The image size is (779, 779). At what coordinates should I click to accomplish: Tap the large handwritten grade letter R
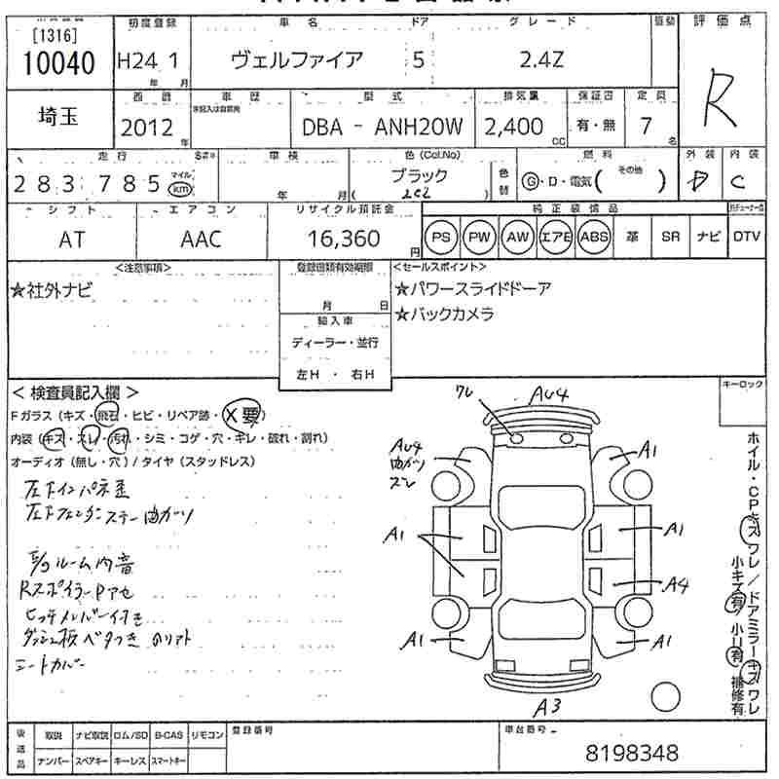pyautogui.click(x=720, y=93)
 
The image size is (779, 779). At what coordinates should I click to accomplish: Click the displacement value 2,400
pyautogui.click(x=514, y=127)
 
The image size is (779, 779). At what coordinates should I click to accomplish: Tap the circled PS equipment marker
pyautogui.click(x=442, y=238)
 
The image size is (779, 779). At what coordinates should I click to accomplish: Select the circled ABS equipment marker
pyautogui.click(x=593, y=238)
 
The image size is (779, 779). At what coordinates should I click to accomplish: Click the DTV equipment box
pyautogui.click(x=746, y=237)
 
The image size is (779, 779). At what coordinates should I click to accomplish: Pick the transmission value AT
pyautogui.click(x=72, y=240)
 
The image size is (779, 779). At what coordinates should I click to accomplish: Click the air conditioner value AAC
pyautogui.click(x=201, y=240)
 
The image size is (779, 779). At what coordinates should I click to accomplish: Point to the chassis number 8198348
pyautogui.click(x=632, y=753)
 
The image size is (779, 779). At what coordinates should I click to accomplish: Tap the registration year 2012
pyautogui.click(x=147, y=128)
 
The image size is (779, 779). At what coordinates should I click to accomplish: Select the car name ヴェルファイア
pyautogui.click(x=297, y=60)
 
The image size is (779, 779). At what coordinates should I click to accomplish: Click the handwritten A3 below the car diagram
pyautogui.click(x=550, y=707)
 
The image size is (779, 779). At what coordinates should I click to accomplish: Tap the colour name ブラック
pyautogui.click(x=420, y=176)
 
